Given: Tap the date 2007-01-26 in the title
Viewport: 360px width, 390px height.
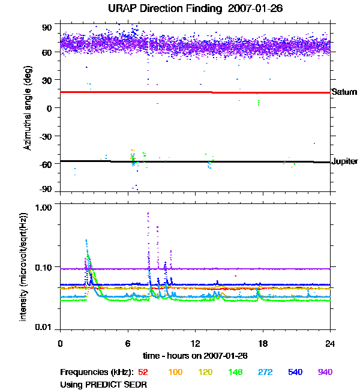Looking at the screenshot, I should (x=249, y=9).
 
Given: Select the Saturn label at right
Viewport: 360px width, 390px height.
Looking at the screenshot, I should (x=344, y=92).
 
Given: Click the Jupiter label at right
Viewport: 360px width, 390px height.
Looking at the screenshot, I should (x=345, y=161).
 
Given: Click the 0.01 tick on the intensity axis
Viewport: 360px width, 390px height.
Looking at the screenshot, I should (x=45, y=327).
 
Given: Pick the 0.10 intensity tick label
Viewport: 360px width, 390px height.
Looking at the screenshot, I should (x=45, y=266).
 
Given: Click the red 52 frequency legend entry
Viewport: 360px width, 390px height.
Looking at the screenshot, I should (x=143, y=373).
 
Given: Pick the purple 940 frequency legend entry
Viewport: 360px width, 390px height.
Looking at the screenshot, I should (x=325, y=373).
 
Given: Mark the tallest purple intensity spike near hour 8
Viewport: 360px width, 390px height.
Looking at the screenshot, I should (x=148, y=214).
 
